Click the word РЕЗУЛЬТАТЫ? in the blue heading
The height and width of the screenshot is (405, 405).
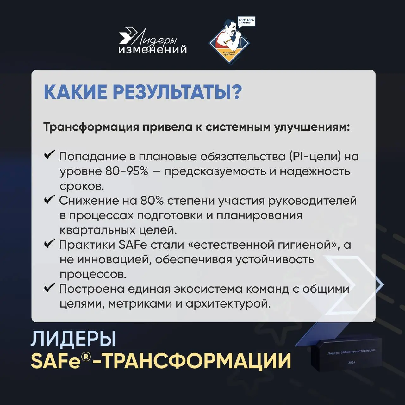(177, 92)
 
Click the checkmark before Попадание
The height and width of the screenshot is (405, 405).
(50, 155)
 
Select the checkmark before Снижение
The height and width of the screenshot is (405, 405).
(50, 199)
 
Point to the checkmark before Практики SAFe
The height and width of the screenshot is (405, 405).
(50, 243)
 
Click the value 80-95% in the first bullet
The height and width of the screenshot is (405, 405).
(127, 171)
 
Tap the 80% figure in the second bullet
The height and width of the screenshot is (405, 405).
(152, 201)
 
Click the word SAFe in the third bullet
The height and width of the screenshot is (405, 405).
(133, 245)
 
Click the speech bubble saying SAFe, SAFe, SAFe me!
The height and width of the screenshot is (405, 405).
(246, 21)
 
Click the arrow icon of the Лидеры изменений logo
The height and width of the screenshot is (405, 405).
(127, 35)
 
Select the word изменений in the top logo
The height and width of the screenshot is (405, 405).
(152, 50)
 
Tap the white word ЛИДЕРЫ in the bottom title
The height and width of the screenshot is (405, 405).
(73, 339)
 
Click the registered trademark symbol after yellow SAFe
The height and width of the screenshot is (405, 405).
(86, 357)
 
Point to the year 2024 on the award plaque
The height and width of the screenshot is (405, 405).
(352, 362)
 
